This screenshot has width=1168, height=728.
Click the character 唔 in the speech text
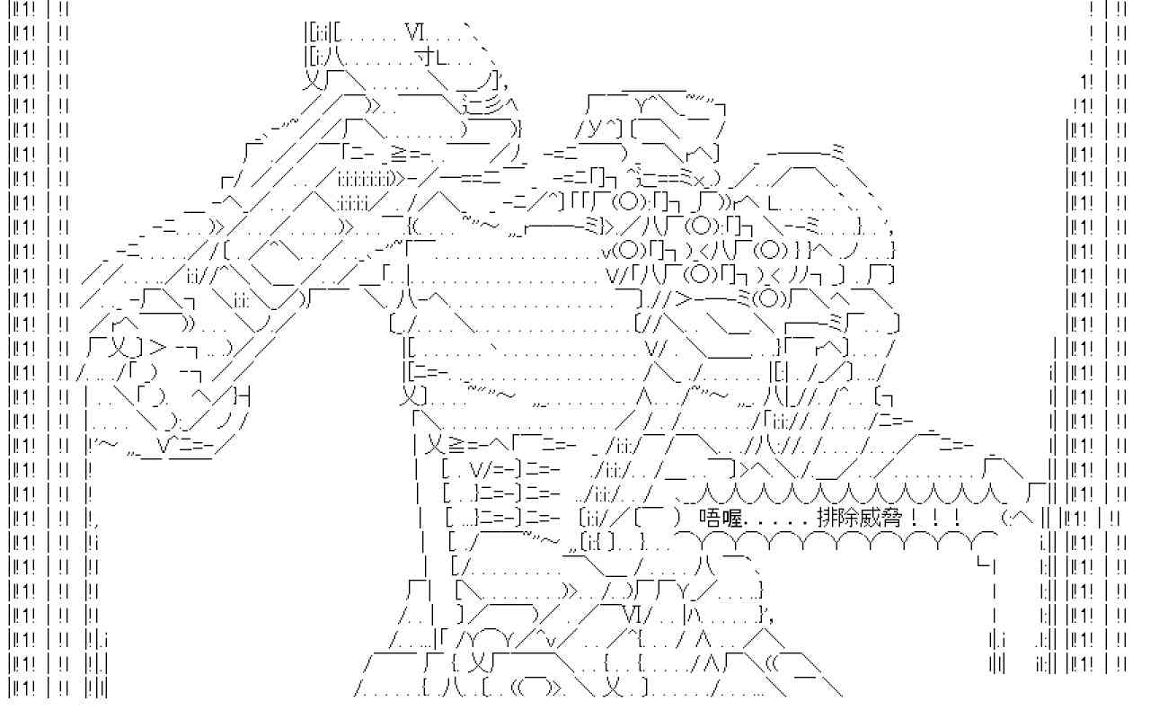(709, 518)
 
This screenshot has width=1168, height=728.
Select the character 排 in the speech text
(827, 518)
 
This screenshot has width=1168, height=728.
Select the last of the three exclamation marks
(957, 518)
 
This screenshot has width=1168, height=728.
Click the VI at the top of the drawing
(415, 34)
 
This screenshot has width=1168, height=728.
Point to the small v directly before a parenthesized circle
(606, 253)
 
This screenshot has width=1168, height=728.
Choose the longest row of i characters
(365, 179)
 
